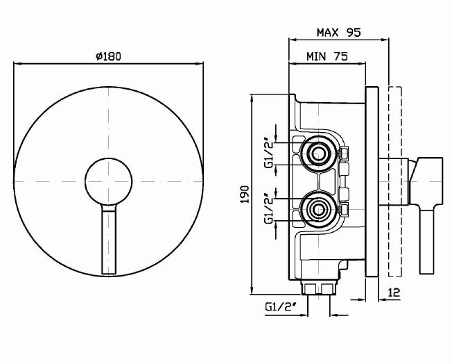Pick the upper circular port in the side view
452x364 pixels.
click(x=319, y=154)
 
